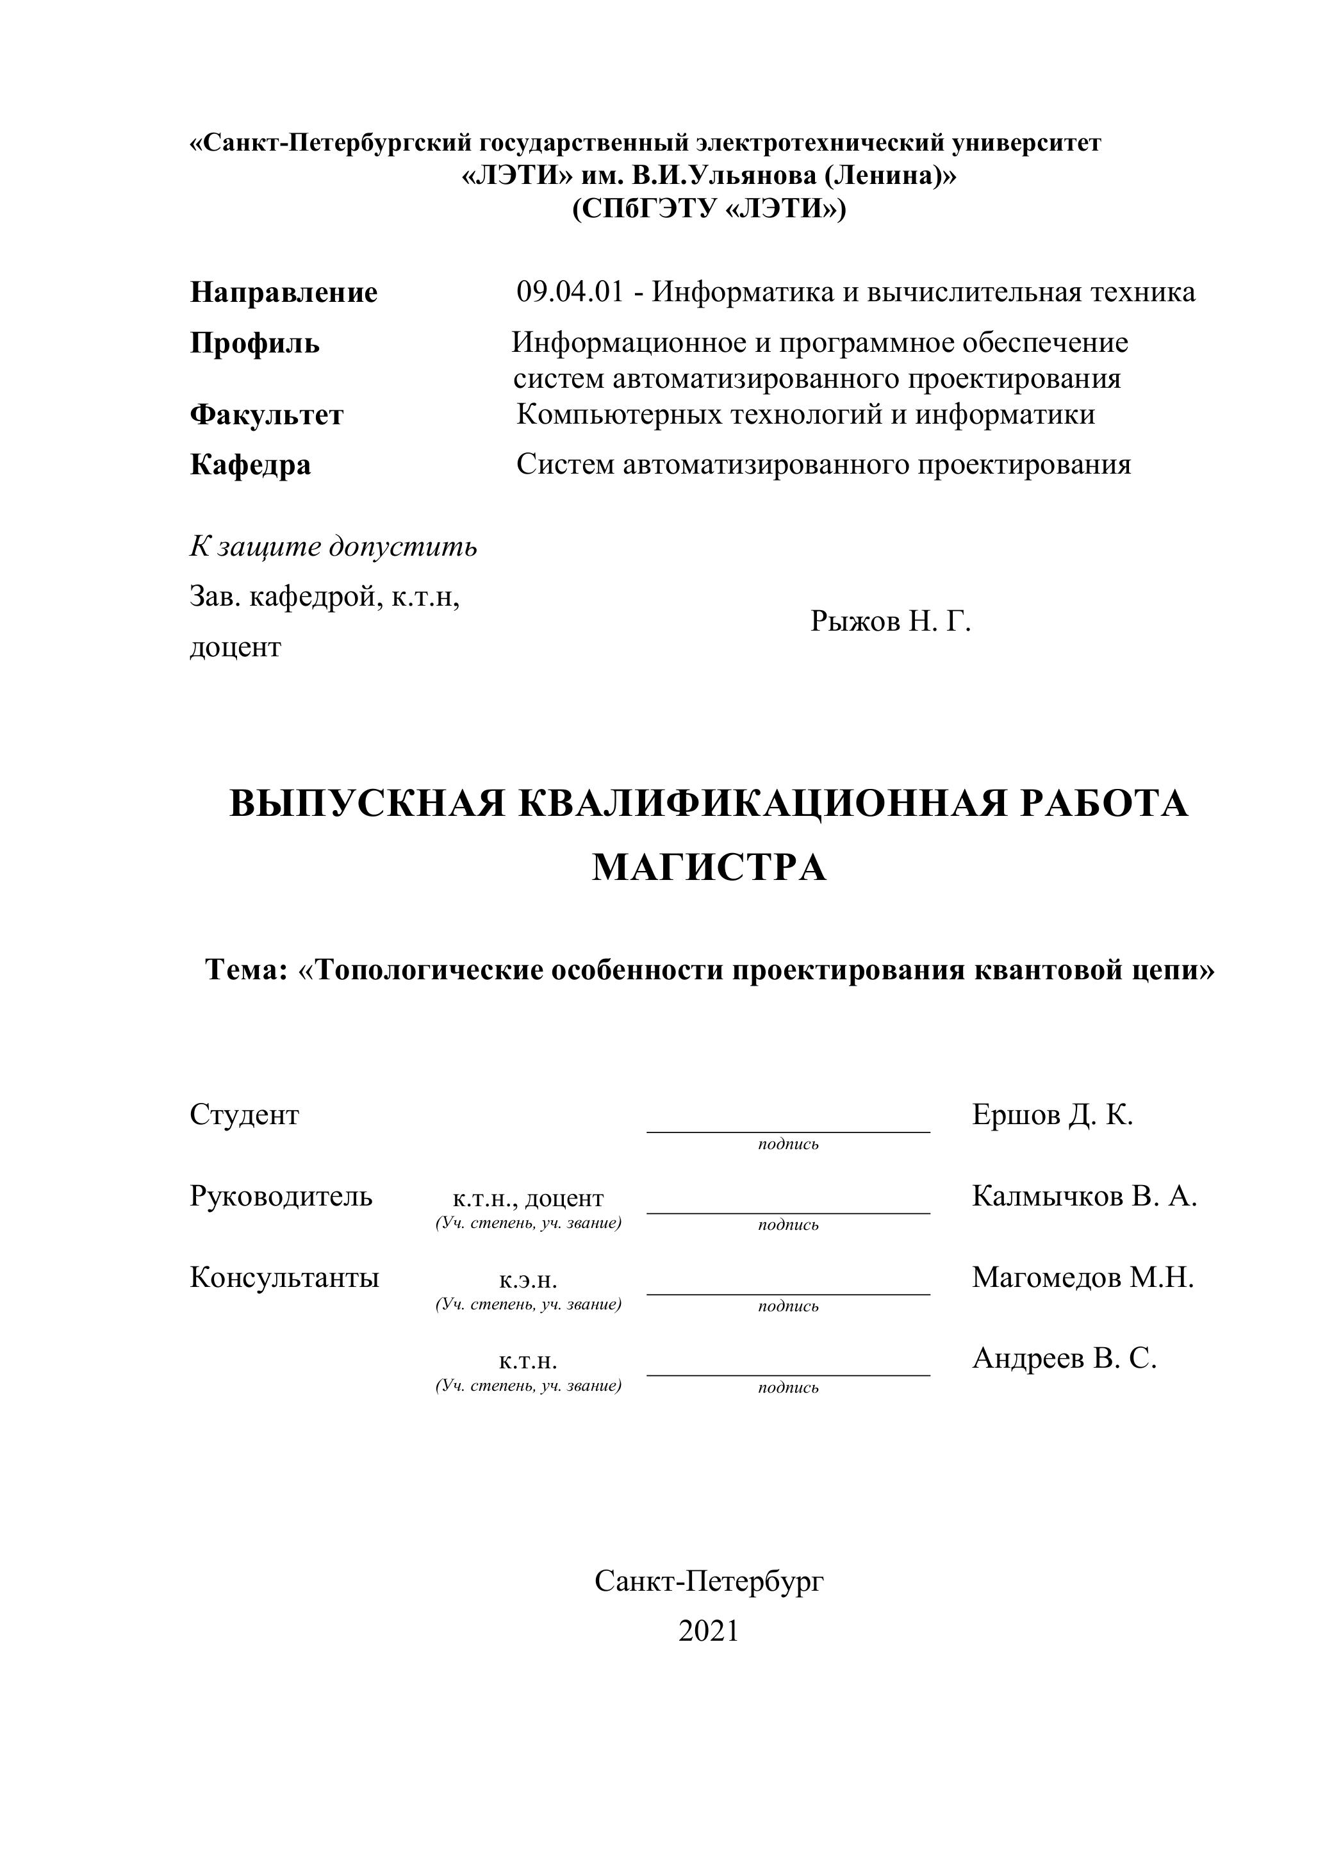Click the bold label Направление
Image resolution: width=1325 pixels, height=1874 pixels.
click(283, 292)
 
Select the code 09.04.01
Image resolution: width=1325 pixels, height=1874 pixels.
click(569, 292)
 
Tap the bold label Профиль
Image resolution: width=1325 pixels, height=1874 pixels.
click(254, 343)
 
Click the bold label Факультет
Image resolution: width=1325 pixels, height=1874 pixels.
click(266, 415)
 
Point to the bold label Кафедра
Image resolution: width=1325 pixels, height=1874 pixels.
click(250, 465)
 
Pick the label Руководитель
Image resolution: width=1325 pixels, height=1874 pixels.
click(281, 1196)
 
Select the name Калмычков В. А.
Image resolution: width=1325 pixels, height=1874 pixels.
click(1083, 1196)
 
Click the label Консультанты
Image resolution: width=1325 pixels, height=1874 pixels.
click(284, 1277)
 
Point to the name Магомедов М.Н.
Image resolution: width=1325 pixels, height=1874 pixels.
click(1082, 1277)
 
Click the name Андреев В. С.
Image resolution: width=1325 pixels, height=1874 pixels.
click(1064, 1357)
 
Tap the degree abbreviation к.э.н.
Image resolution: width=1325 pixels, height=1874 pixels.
click(528, 1280)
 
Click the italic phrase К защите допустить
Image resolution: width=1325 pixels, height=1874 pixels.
click(333, 546)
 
